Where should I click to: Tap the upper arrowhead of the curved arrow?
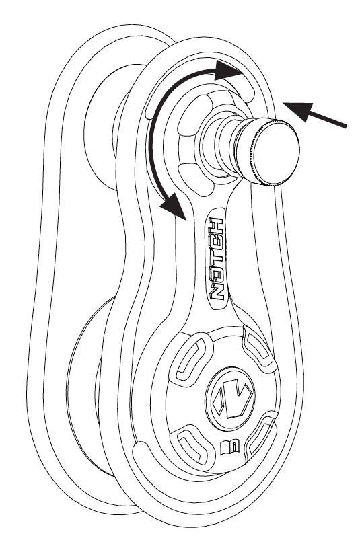pyautogui.click(x=229, y=70)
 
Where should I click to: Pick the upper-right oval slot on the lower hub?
pyautogui.click(x=258, y=348)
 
